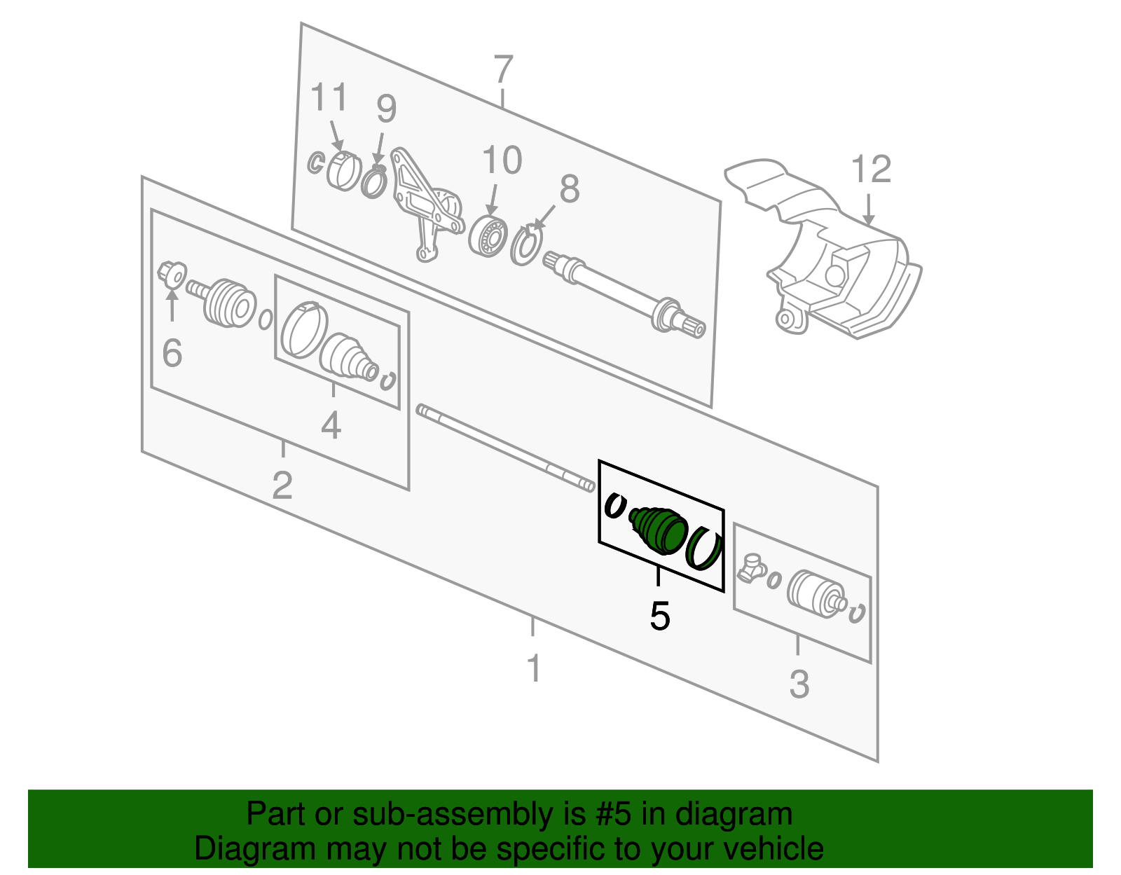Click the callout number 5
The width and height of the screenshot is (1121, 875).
[660, 616]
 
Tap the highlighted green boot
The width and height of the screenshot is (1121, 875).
[659, 530]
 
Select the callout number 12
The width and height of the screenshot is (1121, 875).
[871, 170]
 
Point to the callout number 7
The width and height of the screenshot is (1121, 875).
[503, 71]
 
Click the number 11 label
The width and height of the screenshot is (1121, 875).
[329, 97]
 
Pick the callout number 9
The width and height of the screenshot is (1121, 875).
[386, 109]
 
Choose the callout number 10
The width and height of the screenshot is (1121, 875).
[502, 160]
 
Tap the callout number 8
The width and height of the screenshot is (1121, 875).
[570, 189]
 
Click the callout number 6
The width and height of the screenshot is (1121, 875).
[172, 353]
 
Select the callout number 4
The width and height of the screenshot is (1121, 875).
[331, 425]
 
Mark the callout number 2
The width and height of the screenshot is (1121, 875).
[282, 485]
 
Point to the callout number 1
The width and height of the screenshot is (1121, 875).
[534, 668]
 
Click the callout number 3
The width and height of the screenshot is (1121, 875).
[799, 684]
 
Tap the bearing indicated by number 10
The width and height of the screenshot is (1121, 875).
[488, 236]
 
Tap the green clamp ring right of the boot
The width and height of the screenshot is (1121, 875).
[704, 548]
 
